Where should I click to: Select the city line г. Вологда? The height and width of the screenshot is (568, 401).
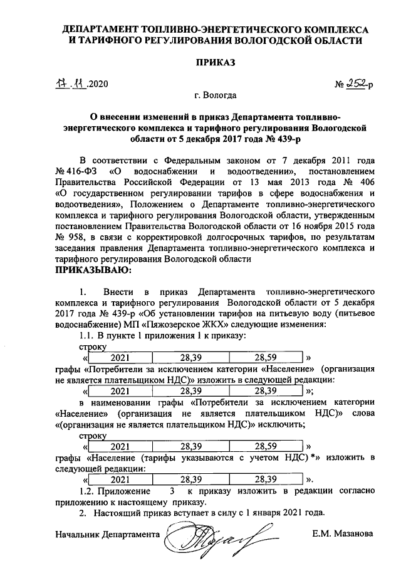215,96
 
